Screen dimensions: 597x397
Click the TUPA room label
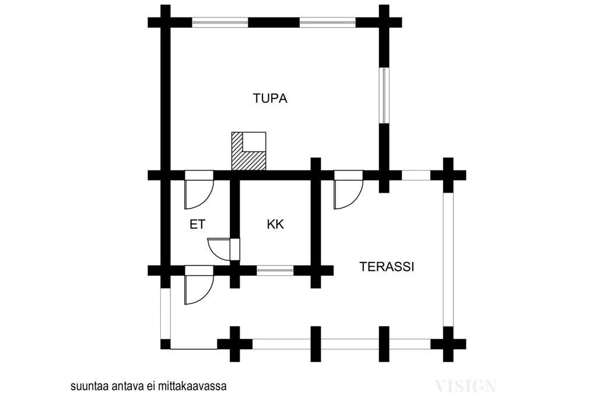[270, 98]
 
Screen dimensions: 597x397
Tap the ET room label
[197, 224]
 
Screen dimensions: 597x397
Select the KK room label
[275, 224]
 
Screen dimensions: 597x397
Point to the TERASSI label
[387, 267]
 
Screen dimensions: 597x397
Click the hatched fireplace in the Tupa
[248, 151]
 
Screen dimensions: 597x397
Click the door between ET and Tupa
[199, 189]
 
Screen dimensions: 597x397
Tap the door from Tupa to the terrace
[349, 189]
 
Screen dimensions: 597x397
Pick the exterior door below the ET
[199, 285]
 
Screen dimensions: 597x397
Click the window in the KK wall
[275, 271]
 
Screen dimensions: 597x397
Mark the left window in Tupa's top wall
[220, 23]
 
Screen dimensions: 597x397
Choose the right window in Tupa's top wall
[328, 23]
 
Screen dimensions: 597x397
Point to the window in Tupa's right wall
[384, 95]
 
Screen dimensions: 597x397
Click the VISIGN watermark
[466, 387]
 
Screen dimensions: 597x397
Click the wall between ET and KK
[235, 209]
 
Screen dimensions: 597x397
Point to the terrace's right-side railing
[448, 260]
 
